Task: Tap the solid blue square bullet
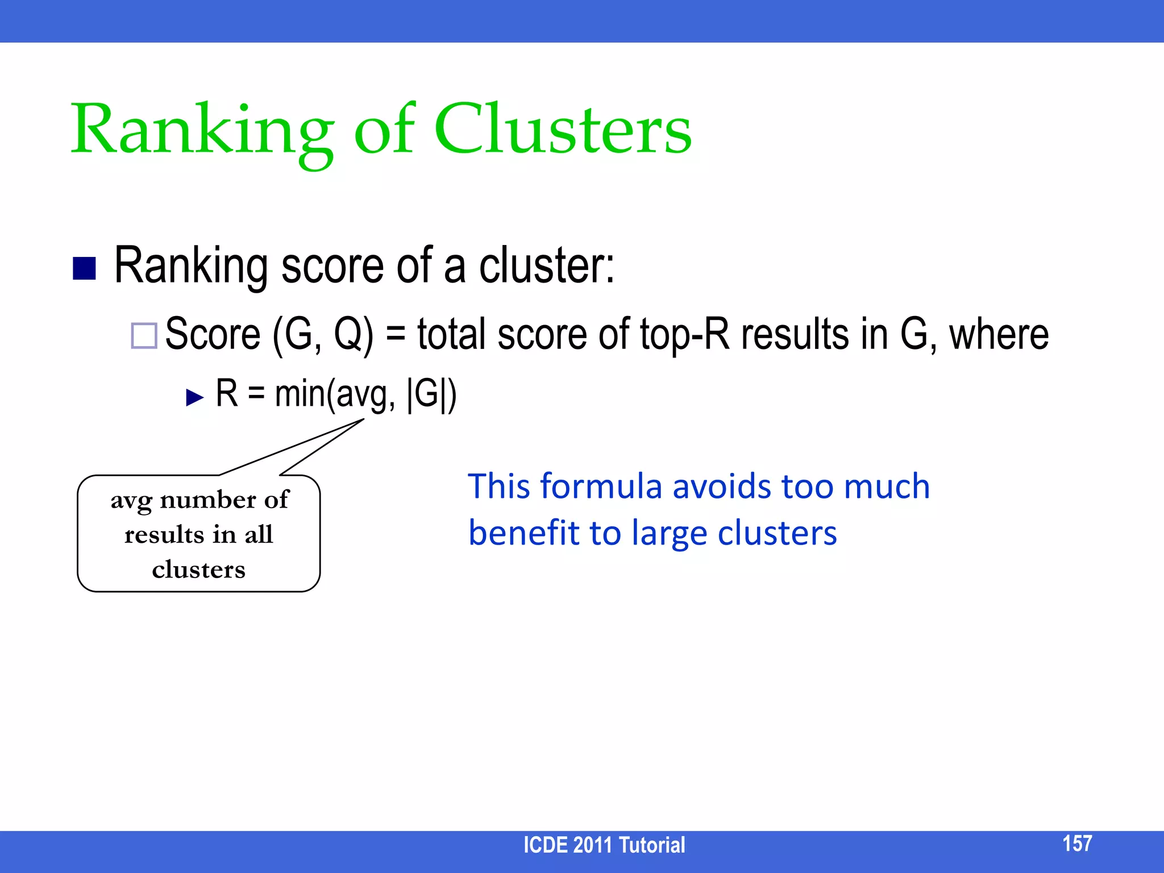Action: click(x=84, y=268)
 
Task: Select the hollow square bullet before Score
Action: click(x=144, y=335)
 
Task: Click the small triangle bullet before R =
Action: click(x=194, y=397)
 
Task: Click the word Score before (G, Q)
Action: click(x=213, y=334)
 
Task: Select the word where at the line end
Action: click(x=999, y=334)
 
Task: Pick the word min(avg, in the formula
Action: click(x=335, y=393)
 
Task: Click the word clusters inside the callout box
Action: click(x=199, y=569)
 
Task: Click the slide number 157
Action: click(x=1077, y=843)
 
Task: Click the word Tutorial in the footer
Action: click(x=652, y=845)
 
